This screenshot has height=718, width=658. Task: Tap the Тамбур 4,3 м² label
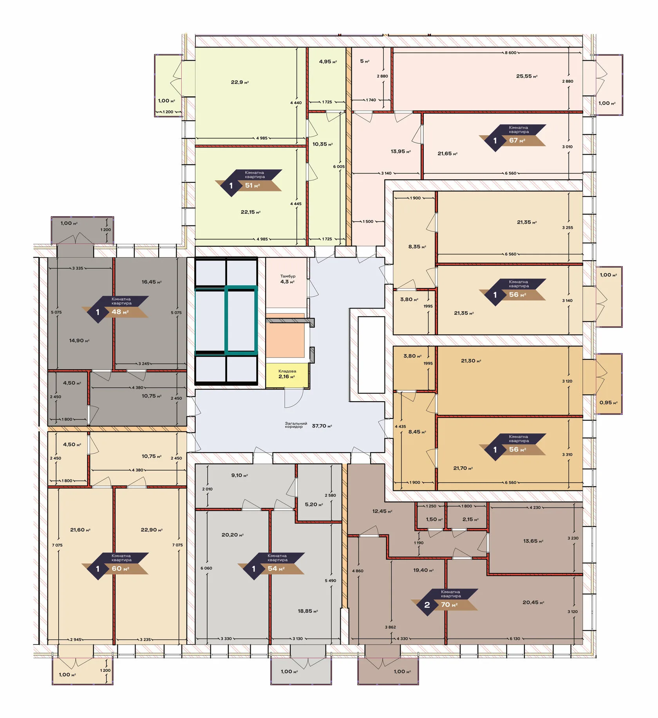point(287,279)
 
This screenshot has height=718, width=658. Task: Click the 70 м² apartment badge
point(445,602)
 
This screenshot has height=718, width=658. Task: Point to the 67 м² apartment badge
point(512,137)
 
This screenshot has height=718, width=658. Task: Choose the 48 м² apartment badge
point(115,309)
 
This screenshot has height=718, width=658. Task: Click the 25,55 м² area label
point(527,76)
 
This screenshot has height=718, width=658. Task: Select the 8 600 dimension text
point(511,52)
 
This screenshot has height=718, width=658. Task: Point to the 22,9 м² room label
point(240,82)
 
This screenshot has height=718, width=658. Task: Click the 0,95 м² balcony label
point(608,402)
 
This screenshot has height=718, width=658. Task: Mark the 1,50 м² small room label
point(434,520)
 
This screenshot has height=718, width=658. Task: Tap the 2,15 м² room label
point(470,520)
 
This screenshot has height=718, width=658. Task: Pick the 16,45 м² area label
point(152,282)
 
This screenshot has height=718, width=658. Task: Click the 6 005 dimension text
point(339,166)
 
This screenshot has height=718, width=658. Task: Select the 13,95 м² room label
point(401,152)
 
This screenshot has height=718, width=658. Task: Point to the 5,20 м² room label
point(314,504)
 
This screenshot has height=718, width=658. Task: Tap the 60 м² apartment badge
point(115,566)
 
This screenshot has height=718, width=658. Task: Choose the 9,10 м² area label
point(240,475)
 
